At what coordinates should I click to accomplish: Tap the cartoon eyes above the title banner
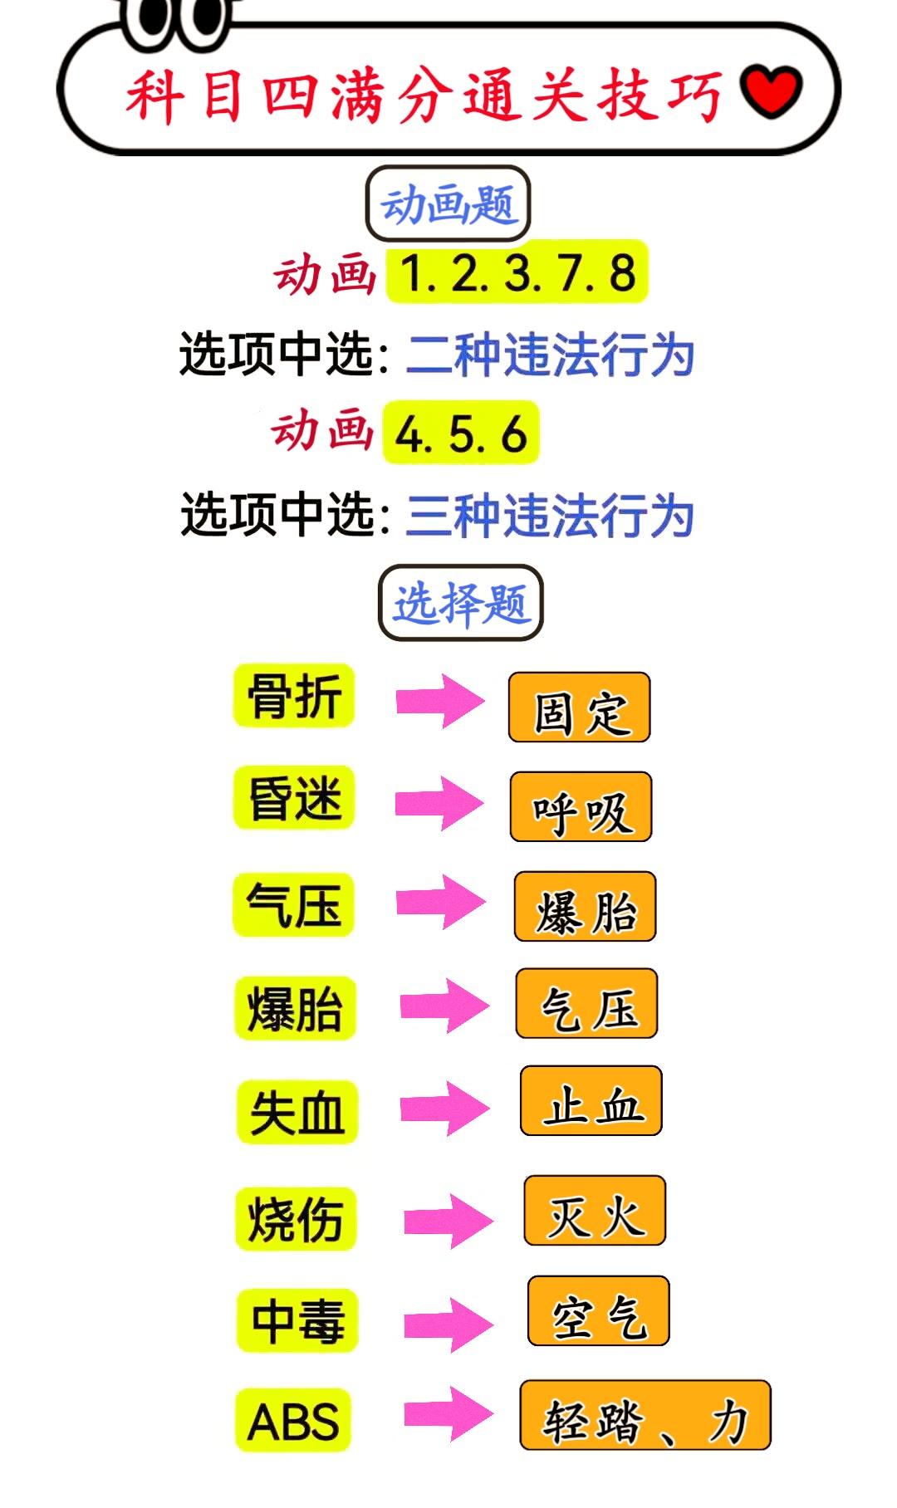pyautogui.click(x=176, y=18)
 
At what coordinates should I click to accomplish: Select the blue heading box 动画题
pyautogui.click(x=448, y=204)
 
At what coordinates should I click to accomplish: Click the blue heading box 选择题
pyautogui.click(x=460, y=603)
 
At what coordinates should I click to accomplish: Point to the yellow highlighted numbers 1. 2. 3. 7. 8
pyautogui.click(x=517, y=272)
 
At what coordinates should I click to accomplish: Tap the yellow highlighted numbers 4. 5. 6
pyautogui.click(x=461, y=433)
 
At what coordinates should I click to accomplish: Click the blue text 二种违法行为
pyautogui.click(x=550, y=355)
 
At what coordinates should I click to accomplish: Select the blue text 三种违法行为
pyautogui.click(x=550, y=515)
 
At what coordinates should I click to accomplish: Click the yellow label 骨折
pyautogui.click(x=294, y=696)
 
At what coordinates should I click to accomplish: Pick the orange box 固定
pyautogui.click(x=580, y=708)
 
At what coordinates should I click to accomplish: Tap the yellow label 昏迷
pyautogui.click(x=294, y=798)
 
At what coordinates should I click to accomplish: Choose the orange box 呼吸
pyautogui.click(x=581, y=808)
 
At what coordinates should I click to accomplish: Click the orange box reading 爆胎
pyautogui.click(x=586, y=907)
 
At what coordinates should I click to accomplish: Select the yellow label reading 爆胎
pyautogui.click(x=296, y=1008)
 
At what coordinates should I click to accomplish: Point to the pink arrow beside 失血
pyautogui.click(x=444, y=1108)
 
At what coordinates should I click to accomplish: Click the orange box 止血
pyautogui.click(x=591, y=1102)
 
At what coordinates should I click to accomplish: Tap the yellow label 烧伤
pyautogui.click(x=297, y=1218)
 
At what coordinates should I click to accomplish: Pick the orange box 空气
pyautogui.click(x=599, y=1311)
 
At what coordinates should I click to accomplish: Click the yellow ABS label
pyautogui.click(x=293, y=1420)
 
